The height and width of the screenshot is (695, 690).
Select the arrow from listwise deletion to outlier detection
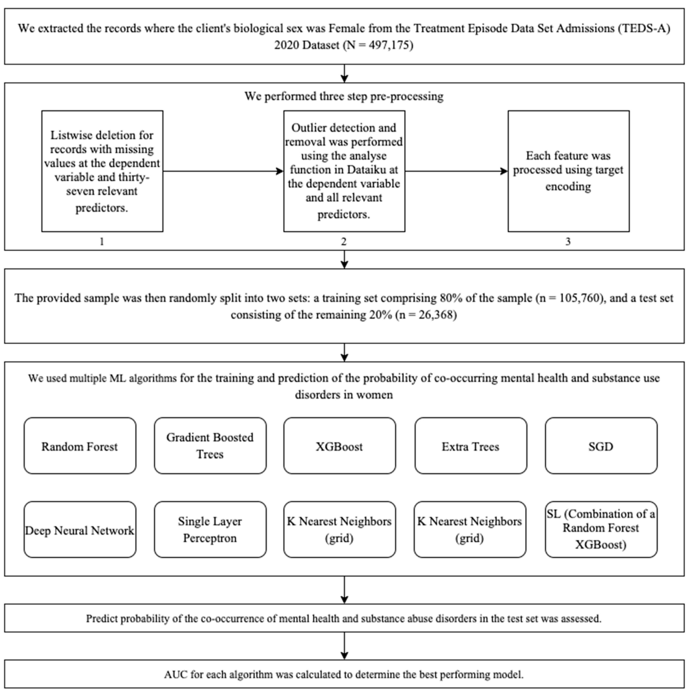tap(223, 171)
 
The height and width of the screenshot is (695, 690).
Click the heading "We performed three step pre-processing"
tap(344, 96)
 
